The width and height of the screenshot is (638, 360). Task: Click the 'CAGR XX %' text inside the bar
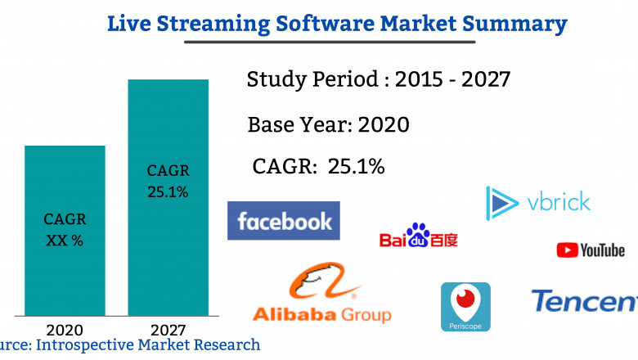click(x=65, y=230)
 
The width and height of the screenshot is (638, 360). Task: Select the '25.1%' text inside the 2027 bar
click(x=168, y=192)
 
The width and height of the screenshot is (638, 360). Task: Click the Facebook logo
click(x=284, y=221)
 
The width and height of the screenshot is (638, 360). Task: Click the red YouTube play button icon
click(x=568, y=250)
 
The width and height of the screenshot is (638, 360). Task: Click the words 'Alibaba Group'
click(x=321, y=314)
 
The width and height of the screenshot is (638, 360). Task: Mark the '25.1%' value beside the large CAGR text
click(x=356, y=166)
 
